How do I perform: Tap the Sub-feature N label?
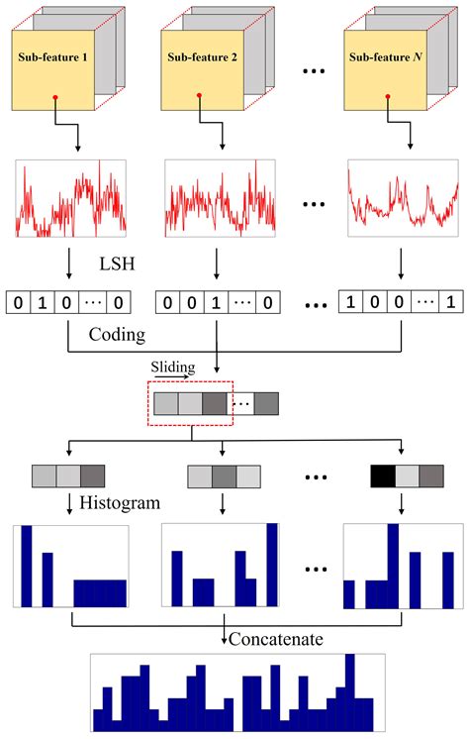[x=390, y=57]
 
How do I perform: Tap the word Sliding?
[x=170, y=367]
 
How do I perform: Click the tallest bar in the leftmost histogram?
[x=27, y=566]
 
